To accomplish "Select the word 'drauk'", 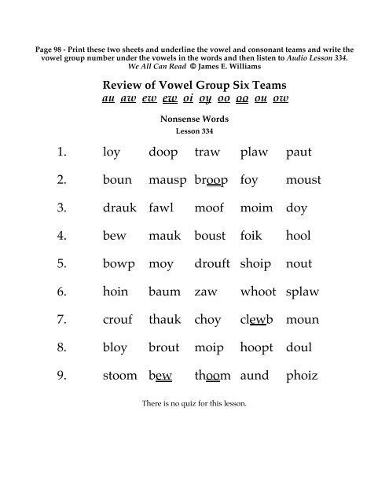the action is (x=118, y=208).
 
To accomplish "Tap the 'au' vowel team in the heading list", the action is (x=111, y=100).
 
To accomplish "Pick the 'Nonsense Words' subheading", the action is (x=193, y=120).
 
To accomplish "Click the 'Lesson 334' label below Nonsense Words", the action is (x=193, y=130).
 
